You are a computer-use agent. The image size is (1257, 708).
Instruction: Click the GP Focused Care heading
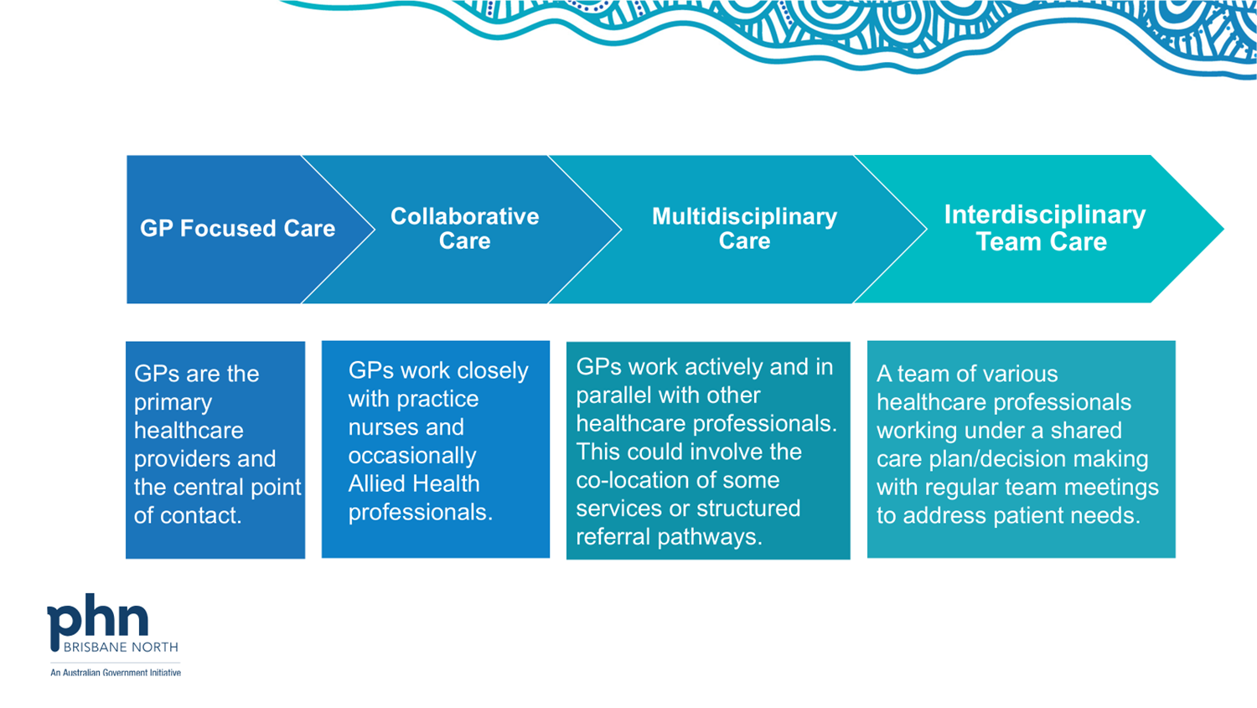pos(237,229)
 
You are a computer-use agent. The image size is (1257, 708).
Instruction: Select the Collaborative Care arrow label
pos(464,229)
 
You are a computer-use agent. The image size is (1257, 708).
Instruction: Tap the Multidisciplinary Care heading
pos(744,229)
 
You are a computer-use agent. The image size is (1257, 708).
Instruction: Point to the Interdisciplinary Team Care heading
pos(1044,229)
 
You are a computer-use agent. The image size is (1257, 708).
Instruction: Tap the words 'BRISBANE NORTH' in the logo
pos(121,647)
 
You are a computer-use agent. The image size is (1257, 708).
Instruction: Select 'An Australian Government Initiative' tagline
pos(116,672)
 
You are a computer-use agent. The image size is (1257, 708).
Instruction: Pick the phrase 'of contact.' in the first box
pos(188,515)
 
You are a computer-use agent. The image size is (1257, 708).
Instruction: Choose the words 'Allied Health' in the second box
pos(414,483)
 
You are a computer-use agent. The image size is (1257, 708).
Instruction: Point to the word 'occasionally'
pos(412,456)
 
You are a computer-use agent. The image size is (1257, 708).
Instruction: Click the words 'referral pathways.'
pos(669,537)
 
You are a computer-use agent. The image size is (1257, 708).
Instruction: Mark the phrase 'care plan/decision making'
pos(1012,459)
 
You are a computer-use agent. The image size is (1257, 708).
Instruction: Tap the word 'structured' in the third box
pos(744,509)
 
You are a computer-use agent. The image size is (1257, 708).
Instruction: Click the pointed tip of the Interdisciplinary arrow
pos(1223,229)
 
